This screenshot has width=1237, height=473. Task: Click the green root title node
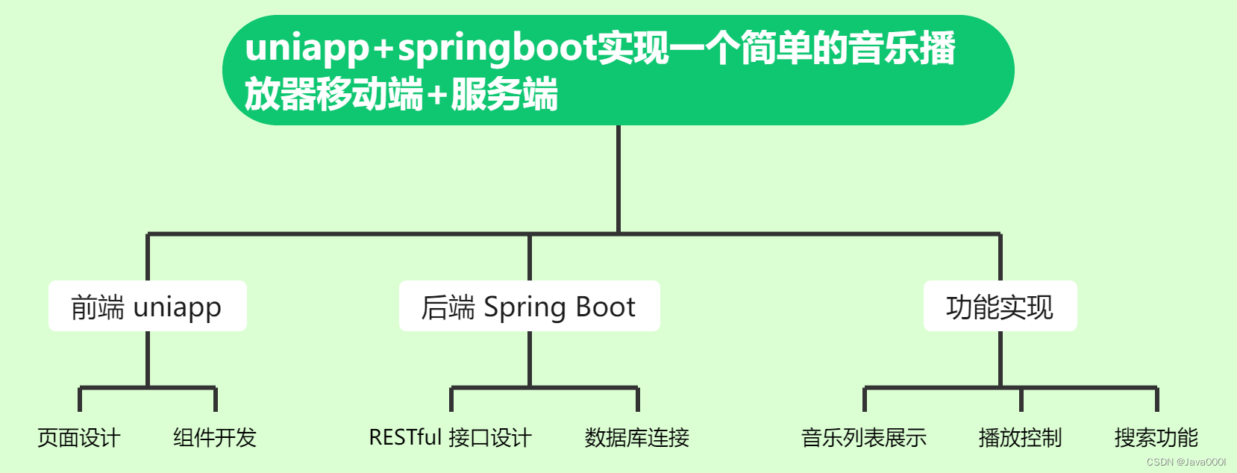pyautogui.click(x=618, y=70)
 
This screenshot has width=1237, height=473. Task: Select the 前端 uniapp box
pyautogui.click(x=148, y=306)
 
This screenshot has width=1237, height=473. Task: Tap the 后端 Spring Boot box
pyautogui.click(x=529, y=306)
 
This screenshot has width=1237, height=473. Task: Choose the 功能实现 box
pyautogui.click(x=1000, y=306)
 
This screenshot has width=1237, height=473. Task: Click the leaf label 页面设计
pyautogui.click(x=79, y=437)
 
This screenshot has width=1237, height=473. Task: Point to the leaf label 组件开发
pyautogui.click(x=215, y=437)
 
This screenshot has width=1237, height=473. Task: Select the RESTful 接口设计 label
pyautogui.click(x=450, y=437)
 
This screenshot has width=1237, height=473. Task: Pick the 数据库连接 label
pyautogui.click(x=637, y=437)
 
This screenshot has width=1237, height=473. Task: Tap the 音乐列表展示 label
pyautogui.click(x=864, y=437)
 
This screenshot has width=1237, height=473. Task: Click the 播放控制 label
pyautogui.click(x=1020, y=437)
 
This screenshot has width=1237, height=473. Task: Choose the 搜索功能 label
pyautogui.click(x=1156, y=437)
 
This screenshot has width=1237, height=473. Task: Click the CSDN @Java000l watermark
pyautogui.click(x=1186, y=462)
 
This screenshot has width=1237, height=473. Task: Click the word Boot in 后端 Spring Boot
pyautogui.click(x=605, y=307)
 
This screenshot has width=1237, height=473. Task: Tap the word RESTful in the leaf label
pyautogui.click(x=406, y=437)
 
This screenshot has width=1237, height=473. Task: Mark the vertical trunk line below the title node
pyautogui.click(x=618, y=179)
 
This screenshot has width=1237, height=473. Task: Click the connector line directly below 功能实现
pyautogui.click(x=1000, y=358)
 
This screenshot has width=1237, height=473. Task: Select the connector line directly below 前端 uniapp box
pyautogui.click(x=148, y=358)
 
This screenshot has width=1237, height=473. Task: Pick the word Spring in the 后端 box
pyautogui.click(x=525, y=307)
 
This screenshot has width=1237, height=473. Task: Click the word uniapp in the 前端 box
pyautogui.click(x=178, y=307)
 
